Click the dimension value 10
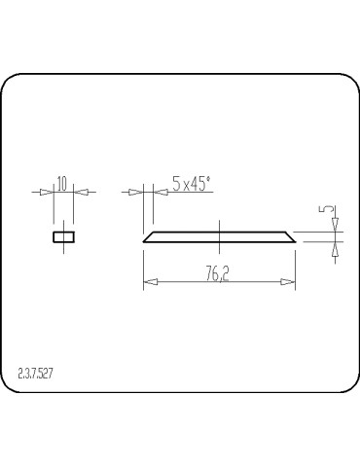(x=62, y=182)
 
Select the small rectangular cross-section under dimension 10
(x=64, y=236)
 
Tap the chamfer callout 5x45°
(x=191, y=183)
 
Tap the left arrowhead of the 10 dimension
(x=48, y=192)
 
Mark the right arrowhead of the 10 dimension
(x=81, y=192)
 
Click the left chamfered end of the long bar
(x=149, y=236)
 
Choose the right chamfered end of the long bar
(x=289, y=236)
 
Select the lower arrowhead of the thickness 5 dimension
(x=336, y=248)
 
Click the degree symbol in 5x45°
(x=209, y=177)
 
